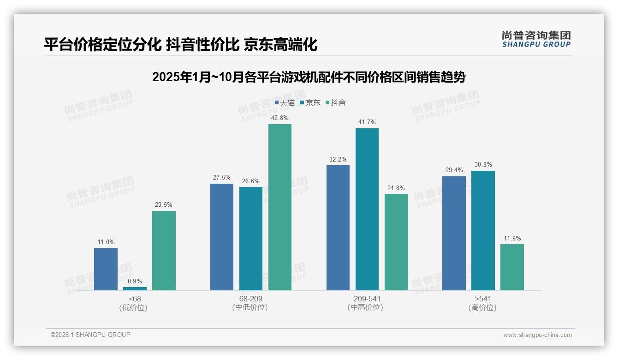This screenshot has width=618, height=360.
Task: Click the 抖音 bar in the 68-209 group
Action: click(280, 207)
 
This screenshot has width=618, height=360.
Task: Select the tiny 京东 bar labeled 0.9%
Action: click(135, 288)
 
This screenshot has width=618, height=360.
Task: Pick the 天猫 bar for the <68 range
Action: click(106, 269)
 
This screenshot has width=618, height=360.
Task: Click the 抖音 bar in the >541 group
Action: click(512, 267)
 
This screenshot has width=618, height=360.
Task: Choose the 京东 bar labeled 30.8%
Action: click(483, 230)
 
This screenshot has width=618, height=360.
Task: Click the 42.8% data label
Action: click(280, 118)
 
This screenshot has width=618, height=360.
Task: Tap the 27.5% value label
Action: click(222, 178)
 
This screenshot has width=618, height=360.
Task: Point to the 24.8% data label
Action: click(396, 188)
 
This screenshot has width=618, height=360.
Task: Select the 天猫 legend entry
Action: click(285, 103)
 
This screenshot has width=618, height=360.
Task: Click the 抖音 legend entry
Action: click(336, 103)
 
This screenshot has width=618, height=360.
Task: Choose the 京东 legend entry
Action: click(310, 103)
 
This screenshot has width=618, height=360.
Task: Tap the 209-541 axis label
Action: click(367, 299)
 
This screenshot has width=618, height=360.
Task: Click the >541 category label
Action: click(482, 299)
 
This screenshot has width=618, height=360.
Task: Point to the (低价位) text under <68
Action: click(135, 307)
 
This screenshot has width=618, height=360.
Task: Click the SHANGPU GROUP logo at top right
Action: click(536, 39)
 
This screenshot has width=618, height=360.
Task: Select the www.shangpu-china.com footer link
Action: click(537, 335)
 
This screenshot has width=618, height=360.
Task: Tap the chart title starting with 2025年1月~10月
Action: click(309, 77)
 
